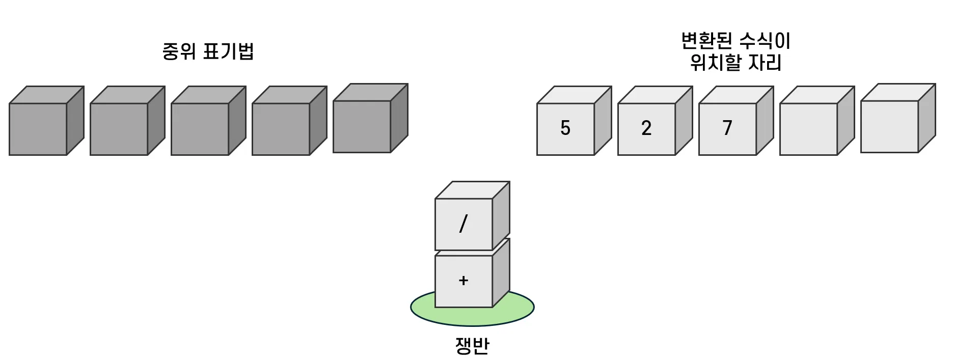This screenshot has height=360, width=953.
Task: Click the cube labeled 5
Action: pos(566,129)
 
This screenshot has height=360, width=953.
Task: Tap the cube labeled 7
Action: pos(728,129)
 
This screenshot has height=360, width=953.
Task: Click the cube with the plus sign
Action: pos(464,281)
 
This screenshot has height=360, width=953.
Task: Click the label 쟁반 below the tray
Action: pos(472,346)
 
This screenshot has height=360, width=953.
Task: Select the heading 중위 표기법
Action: pos(208,52)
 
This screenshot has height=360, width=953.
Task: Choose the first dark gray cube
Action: pos(38,129)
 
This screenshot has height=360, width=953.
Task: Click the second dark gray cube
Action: pos(119,129)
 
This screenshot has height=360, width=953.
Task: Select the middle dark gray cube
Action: pos(200,129)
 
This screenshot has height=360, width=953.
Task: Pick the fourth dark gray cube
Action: pos(281,129)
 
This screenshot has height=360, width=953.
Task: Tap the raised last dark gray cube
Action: pos(362,126)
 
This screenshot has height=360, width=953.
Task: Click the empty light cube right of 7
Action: pos(809,129)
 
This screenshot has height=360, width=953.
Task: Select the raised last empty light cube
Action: pos(890,126)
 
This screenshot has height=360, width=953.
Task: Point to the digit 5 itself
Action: pos(565,128)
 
